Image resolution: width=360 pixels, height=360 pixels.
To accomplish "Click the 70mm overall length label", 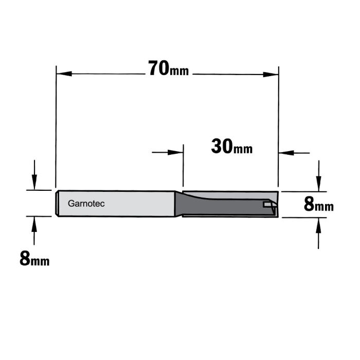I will pyautogui.click(x=168, y=68).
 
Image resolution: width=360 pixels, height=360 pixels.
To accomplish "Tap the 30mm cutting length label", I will pyautogui.click(x=231, y=147).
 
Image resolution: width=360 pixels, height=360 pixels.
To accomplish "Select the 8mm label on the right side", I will pyautogui.click(x=318, y=205).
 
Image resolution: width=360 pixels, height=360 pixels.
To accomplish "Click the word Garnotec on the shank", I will pyautogui.click(x=86, y=204).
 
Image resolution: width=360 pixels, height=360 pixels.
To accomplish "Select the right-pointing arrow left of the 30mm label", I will pyautogui.click(x=177, y=152).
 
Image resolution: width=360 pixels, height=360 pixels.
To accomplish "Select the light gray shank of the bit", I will pyautogui.click(x=129, y=204).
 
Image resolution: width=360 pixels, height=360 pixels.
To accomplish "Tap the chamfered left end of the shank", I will pyautogui.click(x=57, y=204).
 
